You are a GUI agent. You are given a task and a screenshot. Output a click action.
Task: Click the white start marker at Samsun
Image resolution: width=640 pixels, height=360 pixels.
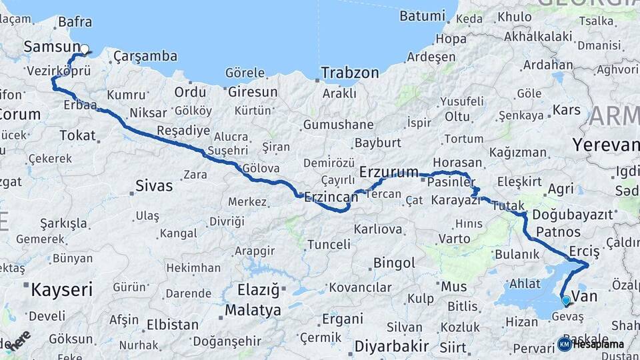85,49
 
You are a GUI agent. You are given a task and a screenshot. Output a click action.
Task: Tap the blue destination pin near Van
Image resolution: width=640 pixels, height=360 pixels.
566,301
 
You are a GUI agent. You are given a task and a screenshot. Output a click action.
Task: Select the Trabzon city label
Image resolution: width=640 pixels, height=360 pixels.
349,73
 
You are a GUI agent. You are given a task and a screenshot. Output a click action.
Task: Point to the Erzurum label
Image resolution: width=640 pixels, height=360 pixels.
389,173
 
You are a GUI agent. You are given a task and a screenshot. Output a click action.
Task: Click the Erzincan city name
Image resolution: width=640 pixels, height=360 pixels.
327,197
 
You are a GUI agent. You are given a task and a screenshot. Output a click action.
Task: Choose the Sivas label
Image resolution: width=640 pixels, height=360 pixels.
153,185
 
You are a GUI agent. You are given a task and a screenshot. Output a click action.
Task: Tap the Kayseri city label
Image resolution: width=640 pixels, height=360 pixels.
61,289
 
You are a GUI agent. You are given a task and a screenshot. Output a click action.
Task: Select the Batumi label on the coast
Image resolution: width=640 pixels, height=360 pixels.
422,15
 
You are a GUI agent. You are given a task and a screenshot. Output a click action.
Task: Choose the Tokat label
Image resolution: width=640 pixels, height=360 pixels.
77,135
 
